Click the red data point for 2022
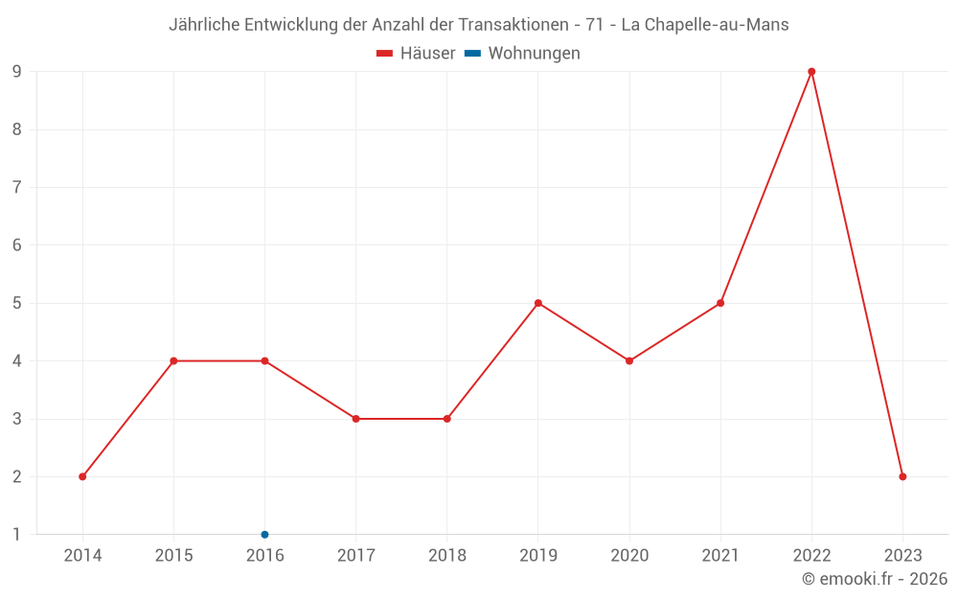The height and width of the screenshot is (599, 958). [811, 72]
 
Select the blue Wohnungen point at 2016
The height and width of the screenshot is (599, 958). [264, 534]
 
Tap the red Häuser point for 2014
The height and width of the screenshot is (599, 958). [82, 476]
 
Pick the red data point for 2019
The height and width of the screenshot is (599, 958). [538, 303]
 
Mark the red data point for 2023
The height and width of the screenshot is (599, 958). [902, 476]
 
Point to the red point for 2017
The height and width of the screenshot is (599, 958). [355, 419]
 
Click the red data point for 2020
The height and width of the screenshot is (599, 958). [629, 361]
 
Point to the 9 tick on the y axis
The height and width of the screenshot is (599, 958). [17, 72]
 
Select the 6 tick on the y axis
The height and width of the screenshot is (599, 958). [17, 245]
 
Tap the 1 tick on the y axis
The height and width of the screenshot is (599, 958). [17, 534]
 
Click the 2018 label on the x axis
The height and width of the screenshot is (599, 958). [447, 556]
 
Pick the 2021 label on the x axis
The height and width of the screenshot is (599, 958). [720, 556]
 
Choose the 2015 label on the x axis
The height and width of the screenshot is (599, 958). [173, 556]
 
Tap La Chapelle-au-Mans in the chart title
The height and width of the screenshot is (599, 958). [705, 25]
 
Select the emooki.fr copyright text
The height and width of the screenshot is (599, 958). [875, 579]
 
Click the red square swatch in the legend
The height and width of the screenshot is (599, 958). [385, 54]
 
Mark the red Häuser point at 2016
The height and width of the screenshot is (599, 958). [264, 361]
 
